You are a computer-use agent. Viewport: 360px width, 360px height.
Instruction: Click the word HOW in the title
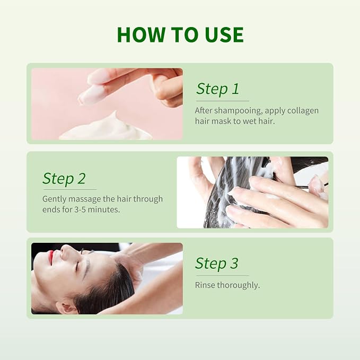(141, 34)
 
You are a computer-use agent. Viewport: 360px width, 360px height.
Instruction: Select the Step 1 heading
(217, 89)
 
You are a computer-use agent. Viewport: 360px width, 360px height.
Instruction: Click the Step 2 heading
(64, 178)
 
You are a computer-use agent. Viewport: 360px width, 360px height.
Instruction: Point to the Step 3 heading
(216, 263)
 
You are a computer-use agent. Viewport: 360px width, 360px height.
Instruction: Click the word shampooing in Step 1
(238, 111)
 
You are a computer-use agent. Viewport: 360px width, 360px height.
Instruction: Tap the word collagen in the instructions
(303, 111)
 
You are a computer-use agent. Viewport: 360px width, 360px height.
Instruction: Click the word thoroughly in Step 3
(238, 286)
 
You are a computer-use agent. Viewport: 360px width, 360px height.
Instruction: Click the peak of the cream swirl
(115, 112)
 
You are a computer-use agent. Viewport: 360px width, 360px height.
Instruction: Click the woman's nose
(65, 251)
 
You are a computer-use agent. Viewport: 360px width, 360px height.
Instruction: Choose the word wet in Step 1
(249, 121)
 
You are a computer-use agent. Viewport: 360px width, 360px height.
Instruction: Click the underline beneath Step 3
(222, 275)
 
